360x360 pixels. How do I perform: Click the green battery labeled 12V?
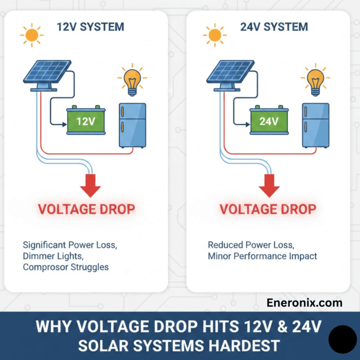click(x=85, y=121)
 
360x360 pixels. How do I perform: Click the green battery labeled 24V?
click(x=269, y=121)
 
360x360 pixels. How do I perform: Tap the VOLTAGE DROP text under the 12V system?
click(x=86, y=209)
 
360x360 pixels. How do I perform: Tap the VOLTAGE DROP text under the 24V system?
click(x=268, y=209)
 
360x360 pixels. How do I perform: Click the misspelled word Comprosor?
click(x=44, y=267)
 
